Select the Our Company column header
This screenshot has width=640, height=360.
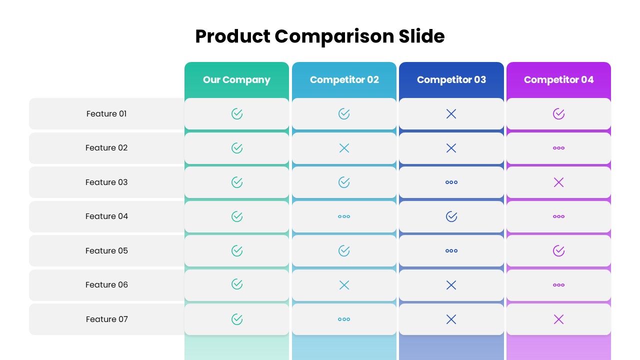(236, 80)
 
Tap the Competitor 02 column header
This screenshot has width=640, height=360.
(344, 80)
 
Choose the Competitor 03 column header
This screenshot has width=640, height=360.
(451, 80)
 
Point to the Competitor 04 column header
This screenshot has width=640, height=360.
(558, 80)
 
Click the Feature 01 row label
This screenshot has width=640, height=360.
(106, 114)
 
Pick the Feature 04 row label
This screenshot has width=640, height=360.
(106, 216)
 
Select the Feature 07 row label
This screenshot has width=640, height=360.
(106, 319)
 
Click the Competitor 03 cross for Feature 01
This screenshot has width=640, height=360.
(451, 114)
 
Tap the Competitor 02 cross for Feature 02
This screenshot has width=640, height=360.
(344, 148)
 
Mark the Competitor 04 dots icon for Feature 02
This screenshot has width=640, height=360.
(558, 148)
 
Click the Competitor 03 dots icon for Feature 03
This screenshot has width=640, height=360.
(451, 182)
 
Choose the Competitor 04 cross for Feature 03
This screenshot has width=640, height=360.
(558, 182)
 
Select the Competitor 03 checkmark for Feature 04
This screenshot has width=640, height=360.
(451, 216)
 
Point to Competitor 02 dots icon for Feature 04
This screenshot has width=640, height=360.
(344, 216)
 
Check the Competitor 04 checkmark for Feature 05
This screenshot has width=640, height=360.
(558, 250)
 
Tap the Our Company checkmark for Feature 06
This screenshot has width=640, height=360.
(237, 284)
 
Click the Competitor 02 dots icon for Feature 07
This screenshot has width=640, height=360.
(344, 319)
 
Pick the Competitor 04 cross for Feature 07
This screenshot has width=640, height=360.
(558, 319)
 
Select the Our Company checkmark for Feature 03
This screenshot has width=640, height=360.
(237, 182)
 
